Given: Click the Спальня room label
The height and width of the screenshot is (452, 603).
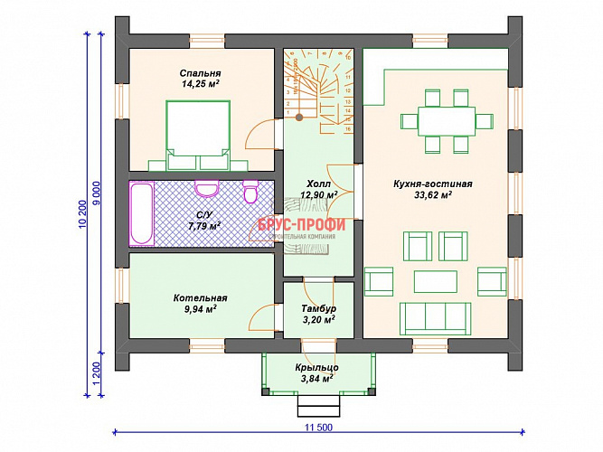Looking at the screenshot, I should point(201,73).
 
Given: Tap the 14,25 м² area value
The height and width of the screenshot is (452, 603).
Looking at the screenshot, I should point(201,84).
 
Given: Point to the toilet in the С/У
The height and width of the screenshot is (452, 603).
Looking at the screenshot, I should point(252,192).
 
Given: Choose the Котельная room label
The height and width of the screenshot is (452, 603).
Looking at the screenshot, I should point(201,297).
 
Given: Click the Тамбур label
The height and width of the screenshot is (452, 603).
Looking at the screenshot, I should point(318,308).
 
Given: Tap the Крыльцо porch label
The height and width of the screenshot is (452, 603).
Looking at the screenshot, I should point(316,367).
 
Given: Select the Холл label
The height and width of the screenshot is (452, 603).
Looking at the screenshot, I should point(318,182).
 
